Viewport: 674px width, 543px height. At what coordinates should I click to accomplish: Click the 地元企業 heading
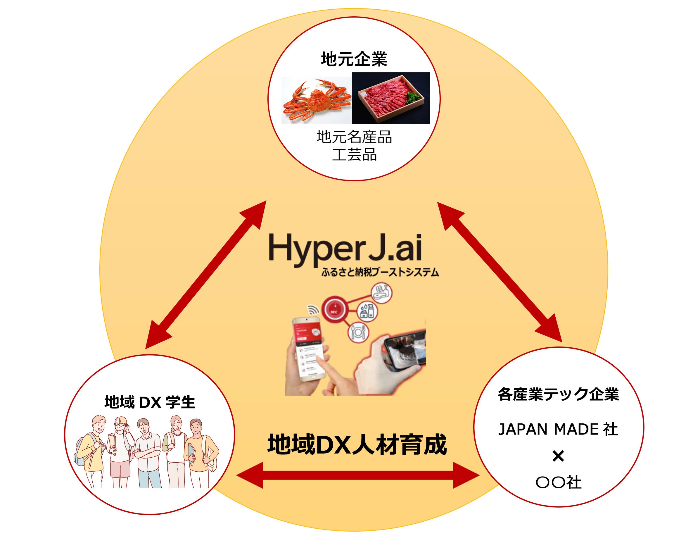(x=354, y=59)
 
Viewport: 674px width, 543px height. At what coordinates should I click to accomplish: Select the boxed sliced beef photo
(x=391, y=98)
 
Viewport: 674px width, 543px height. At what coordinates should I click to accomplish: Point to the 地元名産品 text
(x=354, y=137)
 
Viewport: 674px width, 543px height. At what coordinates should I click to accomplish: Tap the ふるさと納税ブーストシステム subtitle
(x=380, y=273)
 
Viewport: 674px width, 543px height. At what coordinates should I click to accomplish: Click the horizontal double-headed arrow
(x=358, y=476)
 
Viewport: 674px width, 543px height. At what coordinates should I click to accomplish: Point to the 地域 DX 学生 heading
(x=150, y=402)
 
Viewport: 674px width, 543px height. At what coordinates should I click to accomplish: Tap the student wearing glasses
(x=120, y=450)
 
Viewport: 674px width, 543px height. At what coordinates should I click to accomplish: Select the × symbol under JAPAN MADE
(x=558, y=457)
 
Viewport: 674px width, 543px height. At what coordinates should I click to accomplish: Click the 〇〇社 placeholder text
(x=558, y=483)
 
